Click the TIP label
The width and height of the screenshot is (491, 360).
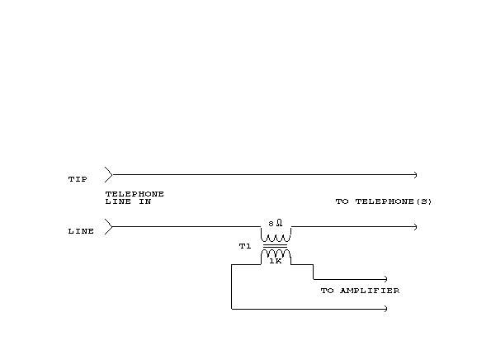click(78, 179)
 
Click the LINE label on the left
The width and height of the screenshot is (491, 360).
click(81, 231)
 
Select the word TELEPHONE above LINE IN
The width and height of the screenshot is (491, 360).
click(135, 194)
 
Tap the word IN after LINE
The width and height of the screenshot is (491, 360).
click(145, 201)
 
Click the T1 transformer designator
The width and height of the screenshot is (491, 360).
click(245, 246)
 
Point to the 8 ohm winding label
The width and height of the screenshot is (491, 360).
click(276, 223)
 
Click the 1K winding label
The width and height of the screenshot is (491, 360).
click(276, 261)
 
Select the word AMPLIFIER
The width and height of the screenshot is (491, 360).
click(370, 291)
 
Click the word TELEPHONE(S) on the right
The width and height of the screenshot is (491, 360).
click(394, 201)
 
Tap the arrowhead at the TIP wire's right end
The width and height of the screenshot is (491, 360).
click(416, 175)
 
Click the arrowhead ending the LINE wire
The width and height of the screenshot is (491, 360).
click(416, 227)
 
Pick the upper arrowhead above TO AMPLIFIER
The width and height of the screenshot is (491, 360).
click(386, 279)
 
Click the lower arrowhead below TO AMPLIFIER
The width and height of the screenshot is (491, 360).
click(386, 309)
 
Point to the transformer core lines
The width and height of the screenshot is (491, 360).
click(275, 245)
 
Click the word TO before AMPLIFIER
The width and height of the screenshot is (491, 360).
click(327, 291)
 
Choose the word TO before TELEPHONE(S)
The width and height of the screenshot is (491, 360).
click(342, 201)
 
